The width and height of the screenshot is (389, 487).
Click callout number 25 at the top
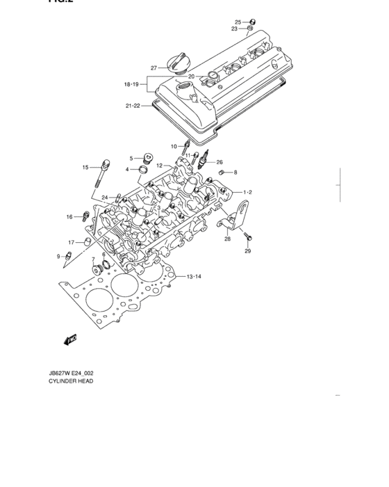(x=238, y=22)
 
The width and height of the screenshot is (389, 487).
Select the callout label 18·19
(x=132, y=84)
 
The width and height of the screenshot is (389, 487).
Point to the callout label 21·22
(x=133, y=106)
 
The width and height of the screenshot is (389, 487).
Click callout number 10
(x=174, y=146)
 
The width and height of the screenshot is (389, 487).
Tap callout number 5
(x=130, y=159)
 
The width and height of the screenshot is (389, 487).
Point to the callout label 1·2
(x=247, y=191)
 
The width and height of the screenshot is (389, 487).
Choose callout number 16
(x=69, y=217)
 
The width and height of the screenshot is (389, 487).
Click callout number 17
(x=71, y=242)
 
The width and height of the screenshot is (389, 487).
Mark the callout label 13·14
(x=193, y=277)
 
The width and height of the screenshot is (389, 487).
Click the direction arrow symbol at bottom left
(x=69, y=340)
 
